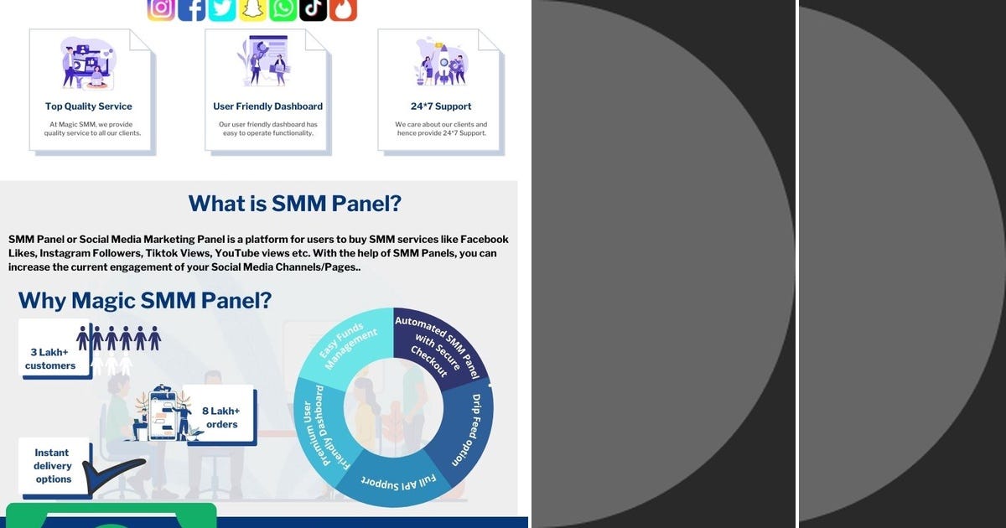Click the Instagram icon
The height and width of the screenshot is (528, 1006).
pos(161,8)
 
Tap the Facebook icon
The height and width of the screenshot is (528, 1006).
pos(192,8)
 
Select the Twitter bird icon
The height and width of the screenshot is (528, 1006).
pos(222,8)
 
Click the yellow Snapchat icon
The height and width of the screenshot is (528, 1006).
pos(252,8)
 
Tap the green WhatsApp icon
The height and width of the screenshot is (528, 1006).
pos(283,8)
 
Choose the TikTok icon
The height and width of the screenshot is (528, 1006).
pos(313,8)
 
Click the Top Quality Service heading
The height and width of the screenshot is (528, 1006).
pos(89,106)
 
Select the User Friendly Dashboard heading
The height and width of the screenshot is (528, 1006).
pos(267,106)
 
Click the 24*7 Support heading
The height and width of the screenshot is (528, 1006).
pos(441,106)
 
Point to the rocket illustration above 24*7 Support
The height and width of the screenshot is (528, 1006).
pos(441,63)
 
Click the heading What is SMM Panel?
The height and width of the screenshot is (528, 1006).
pos(294,204)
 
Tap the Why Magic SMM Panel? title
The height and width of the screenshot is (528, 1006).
pos(158,300)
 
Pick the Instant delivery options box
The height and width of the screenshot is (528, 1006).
pos(53,466)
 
